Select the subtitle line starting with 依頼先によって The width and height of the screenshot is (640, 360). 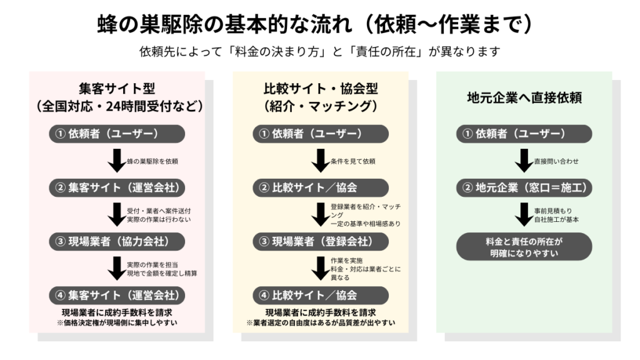320,51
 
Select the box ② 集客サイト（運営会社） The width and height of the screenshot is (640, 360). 117,187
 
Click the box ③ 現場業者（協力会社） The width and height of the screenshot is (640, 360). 117,241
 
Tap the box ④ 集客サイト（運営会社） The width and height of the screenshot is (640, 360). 117,294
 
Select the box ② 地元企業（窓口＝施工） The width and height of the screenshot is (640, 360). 524,187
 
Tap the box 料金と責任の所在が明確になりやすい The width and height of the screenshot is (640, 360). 524,247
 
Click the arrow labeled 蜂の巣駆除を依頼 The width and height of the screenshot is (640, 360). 116,161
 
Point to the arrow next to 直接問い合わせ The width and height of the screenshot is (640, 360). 524,161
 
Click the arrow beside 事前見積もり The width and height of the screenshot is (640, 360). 524,214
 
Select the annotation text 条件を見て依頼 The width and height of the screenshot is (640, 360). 353,161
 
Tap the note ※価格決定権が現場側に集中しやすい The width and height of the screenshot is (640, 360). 117,322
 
